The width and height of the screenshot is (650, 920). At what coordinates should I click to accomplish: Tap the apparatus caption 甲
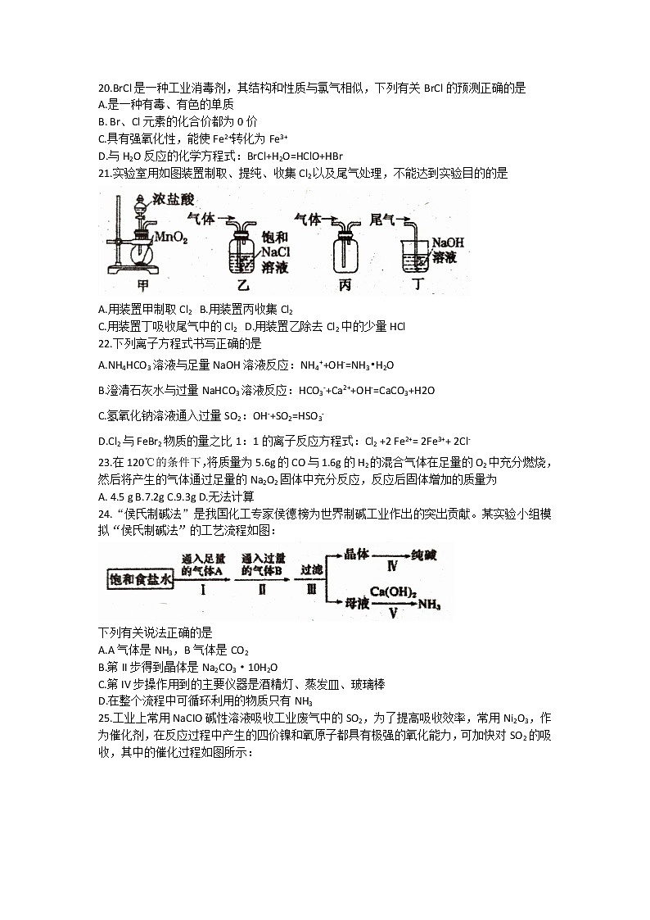[x=143, y=286]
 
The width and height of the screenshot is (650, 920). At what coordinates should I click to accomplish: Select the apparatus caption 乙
[x=242, y=286]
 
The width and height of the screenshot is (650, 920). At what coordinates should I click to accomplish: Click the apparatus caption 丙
[x=344, y=286]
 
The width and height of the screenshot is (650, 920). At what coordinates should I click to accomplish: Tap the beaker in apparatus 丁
[x=415, y=257]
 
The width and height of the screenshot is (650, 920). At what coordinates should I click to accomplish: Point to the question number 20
[x=104, y=88]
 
